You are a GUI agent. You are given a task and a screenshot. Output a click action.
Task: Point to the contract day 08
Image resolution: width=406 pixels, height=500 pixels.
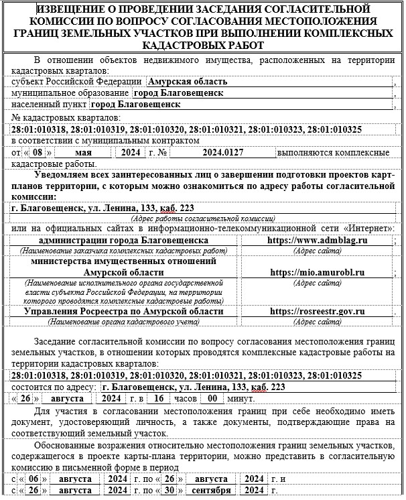[42, 153]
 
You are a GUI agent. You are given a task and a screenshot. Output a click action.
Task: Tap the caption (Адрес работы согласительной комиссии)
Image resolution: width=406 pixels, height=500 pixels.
[203, 218]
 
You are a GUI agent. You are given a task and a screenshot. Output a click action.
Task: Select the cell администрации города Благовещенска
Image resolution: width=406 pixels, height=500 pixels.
[123, 240]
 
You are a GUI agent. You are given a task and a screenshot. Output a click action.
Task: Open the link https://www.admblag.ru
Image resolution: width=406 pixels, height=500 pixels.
[318, 240]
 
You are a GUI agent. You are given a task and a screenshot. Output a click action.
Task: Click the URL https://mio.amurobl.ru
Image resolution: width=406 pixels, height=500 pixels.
[318, 273]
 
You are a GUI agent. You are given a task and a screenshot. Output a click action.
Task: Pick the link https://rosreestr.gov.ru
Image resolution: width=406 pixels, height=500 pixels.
[318, 311]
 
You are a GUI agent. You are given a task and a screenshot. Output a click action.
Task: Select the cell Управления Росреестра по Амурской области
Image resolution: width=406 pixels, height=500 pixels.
[123, 311]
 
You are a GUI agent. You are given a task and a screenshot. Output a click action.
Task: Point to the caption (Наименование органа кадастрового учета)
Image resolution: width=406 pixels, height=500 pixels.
[123, 322]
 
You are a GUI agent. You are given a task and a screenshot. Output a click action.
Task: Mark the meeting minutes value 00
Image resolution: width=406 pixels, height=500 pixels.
[212, 397]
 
